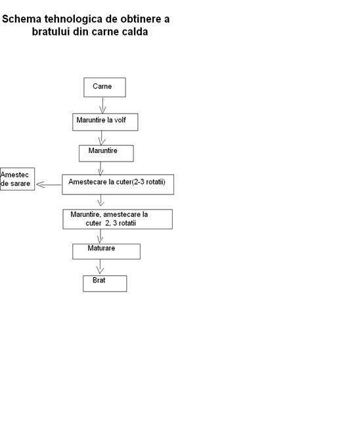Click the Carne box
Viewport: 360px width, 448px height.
(104, 87)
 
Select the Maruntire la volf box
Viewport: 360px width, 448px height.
(105, 122)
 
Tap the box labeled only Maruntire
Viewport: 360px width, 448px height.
(106, 154)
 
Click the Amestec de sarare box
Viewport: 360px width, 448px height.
(17, 179)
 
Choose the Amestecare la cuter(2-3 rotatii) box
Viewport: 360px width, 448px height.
(118, 185)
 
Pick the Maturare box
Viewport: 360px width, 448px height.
(106, 252)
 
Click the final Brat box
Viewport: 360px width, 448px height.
(105, 283)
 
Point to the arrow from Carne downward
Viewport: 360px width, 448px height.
(103, 105)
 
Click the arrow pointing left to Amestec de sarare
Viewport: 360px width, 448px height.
(49, 185)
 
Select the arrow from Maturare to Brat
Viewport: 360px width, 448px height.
(100, 267)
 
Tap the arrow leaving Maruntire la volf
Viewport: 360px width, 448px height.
(102, 138)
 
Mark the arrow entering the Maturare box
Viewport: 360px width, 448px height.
(100, 236)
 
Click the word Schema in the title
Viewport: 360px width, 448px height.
(22, 19)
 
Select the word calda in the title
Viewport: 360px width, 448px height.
(135, 32)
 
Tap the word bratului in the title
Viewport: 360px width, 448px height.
(51, 32)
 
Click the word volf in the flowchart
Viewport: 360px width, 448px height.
(120, 120)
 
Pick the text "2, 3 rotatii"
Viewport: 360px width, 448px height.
(120, 223)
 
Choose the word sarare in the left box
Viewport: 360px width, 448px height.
(20, 183)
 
